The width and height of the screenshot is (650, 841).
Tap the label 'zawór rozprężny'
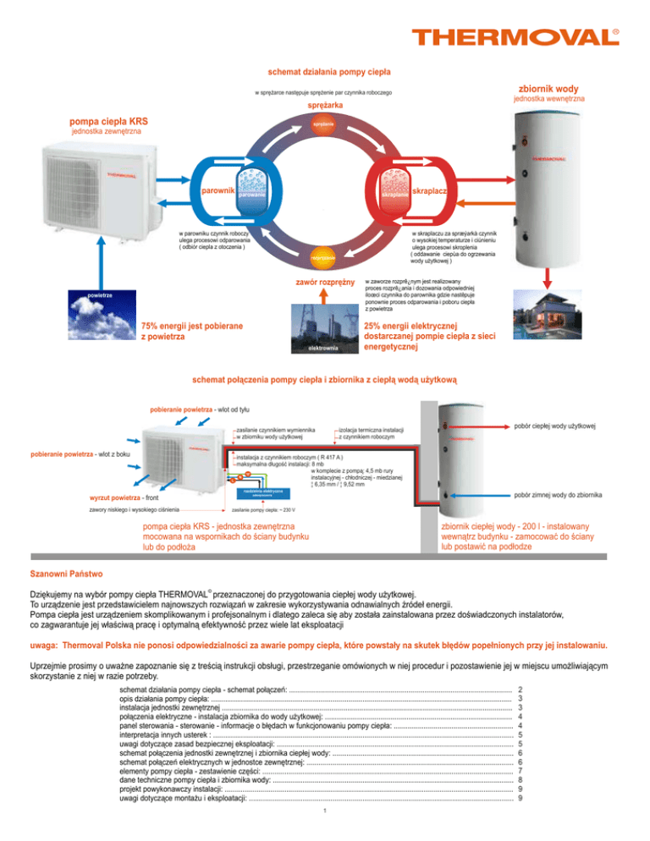point(323,280)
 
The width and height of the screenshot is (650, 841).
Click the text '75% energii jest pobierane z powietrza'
point(192,331)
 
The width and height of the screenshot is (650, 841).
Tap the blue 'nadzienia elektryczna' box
point(262,492)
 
